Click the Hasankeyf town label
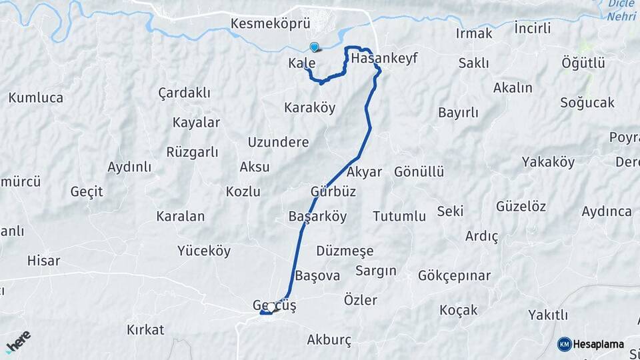click(x=383, y=58)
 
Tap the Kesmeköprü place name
click(x=271, y=24)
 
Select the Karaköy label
click(x=309, y=107)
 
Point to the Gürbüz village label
click(x=333, y=191)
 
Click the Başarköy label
click(x=318, y=217)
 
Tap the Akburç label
click(x=329, y=339)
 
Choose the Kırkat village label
click(x=145, y=329)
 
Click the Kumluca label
click(x=36, y=97)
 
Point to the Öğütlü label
click(x=583, y=63)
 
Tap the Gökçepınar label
click(x=454, y=275)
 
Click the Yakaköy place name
click(x=548, y=161)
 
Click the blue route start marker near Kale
click(x=315, y=47)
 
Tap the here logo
click(x=18, y=341)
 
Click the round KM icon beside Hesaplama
click(x=564, y=344)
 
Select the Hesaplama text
click(x=599, y=344)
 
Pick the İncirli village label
click(x=533, y=28)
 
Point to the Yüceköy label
click(x=204, y=251)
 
